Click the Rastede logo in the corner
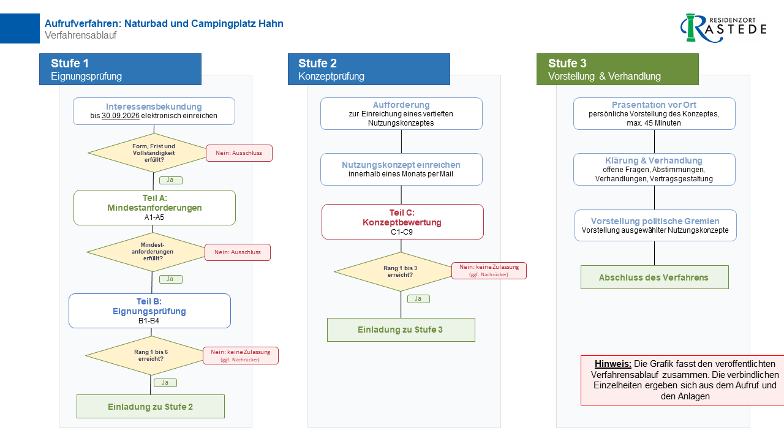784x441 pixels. click(723, 28)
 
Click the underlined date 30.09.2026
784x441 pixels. click(121, 116)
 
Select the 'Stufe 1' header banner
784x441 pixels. click(120, 69)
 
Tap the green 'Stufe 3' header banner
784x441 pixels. click(617, 69)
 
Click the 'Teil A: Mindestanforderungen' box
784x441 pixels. click(154, 208)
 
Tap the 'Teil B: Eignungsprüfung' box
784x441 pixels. click(149, 311)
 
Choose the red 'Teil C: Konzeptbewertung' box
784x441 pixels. click(402, 222)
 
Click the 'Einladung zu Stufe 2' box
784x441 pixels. click(151, 406)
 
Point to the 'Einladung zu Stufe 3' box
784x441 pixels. click(401, 330)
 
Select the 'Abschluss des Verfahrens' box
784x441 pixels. click(655, 277)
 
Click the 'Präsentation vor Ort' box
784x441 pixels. click(654, 113)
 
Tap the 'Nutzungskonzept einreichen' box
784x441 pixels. click(401, 170)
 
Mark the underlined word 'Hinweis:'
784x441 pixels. click(613, 364)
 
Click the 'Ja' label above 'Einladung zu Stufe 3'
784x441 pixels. click(418, 299)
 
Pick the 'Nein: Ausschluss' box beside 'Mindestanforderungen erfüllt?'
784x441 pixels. click(237, 252)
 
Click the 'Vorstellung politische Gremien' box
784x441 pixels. click(655, 225)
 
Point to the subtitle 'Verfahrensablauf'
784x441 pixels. click(80, 36)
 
